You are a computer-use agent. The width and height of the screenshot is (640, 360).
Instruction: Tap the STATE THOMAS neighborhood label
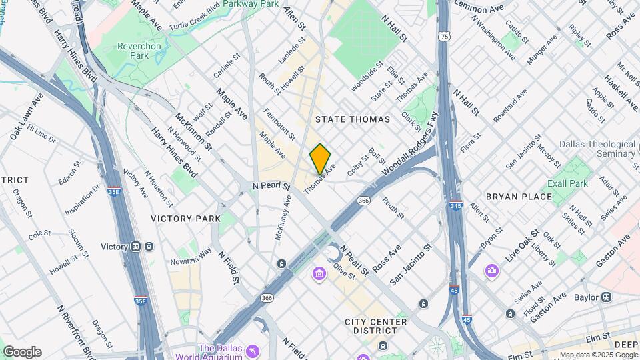[352, 119]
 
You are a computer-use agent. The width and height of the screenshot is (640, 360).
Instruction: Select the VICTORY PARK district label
[185, 219]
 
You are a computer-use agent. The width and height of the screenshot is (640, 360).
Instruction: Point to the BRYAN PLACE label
[519, 197]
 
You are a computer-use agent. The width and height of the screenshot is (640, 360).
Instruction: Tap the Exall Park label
[567, 183]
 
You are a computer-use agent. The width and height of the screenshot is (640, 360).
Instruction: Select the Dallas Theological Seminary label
[597, 149]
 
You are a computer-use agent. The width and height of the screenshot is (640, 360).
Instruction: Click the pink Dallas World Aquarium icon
[253, 351]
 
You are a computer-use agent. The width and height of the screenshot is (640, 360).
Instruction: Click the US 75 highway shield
[444, 36]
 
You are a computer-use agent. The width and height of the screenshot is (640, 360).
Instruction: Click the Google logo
[22, 352]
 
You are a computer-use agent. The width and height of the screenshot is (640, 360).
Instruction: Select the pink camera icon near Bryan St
[492, 270]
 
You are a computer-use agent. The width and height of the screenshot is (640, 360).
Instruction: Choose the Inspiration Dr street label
[81, 200]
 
